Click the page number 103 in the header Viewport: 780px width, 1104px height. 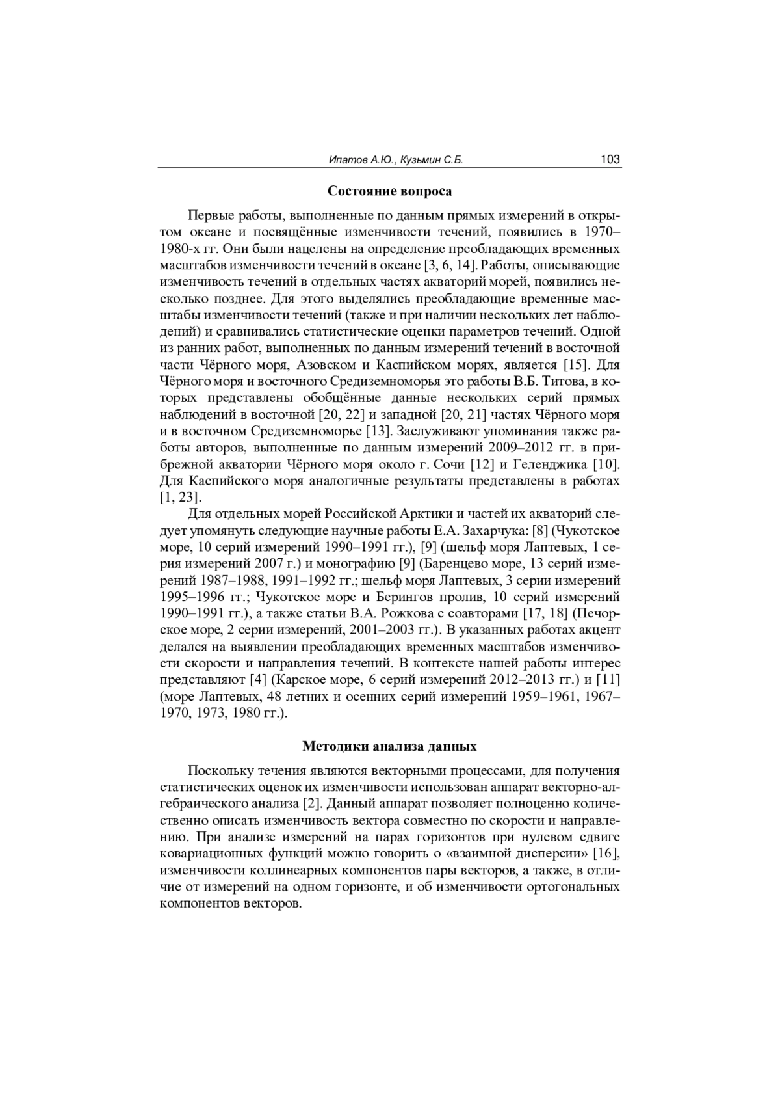pos(610,159)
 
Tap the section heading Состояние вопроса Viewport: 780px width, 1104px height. pos(389,191)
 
